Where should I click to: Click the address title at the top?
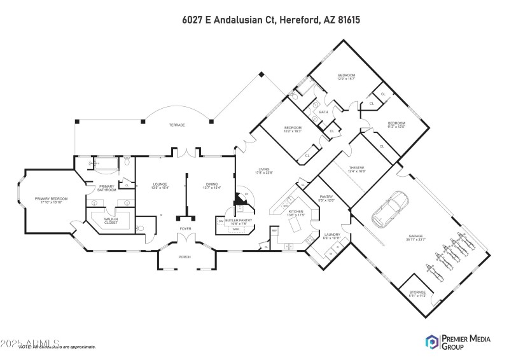(270, 20)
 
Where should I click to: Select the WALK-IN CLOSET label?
(111, 221)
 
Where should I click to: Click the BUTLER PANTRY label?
(239, 222)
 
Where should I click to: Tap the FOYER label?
(185, 228)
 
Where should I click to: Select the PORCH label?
(185, 256)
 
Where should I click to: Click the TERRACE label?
(177, 125)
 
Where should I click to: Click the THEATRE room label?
(356, 169)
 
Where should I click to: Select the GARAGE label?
(415, 237)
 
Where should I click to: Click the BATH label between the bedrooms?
(323, 112)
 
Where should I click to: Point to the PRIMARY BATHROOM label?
(105, 188)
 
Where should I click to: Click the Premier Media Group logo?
(457, 342)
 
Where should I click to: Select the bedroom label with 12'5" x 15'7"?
(346, 76)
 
